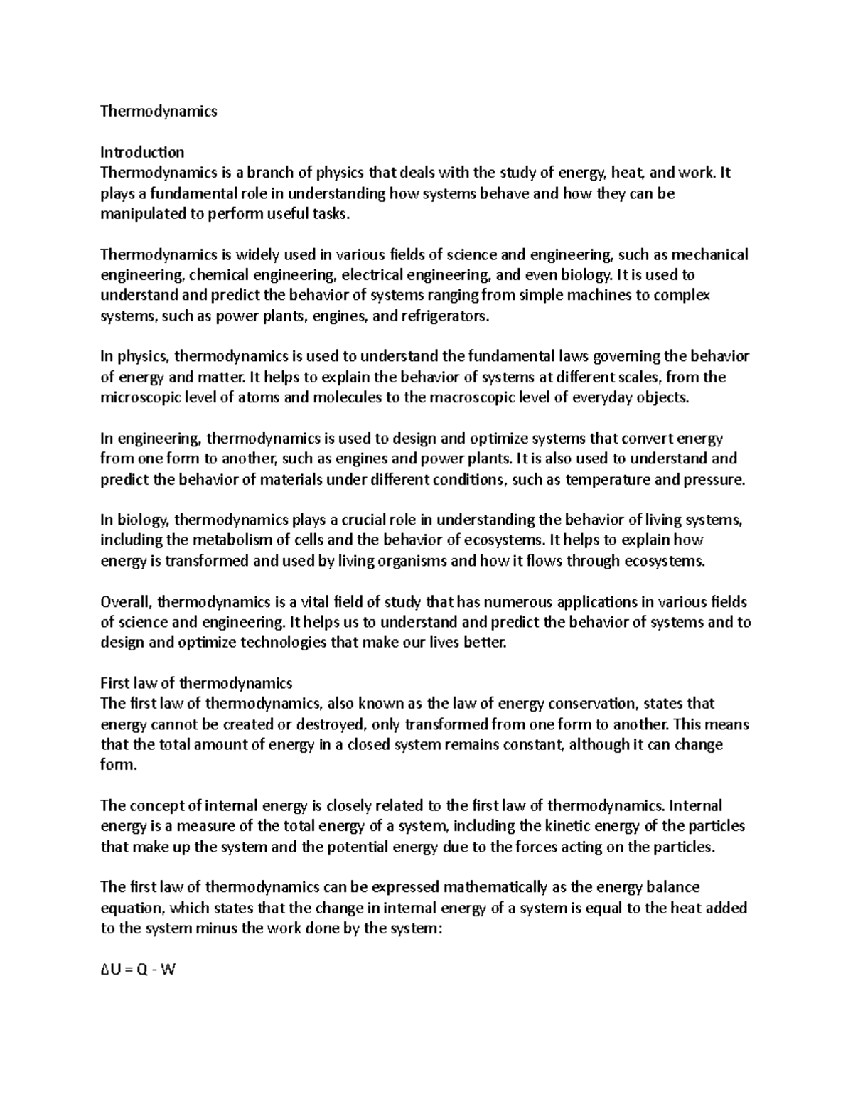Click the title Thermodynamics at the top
click(159, 111)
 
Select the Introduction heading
click(142, 152)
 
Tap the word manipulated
click(142, 214)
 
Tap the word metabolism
click(219, 540)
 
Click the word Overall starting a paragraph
click(126, 602)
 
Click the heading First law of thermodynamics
click(196, 684)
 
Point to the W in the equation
click(168, 970)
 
